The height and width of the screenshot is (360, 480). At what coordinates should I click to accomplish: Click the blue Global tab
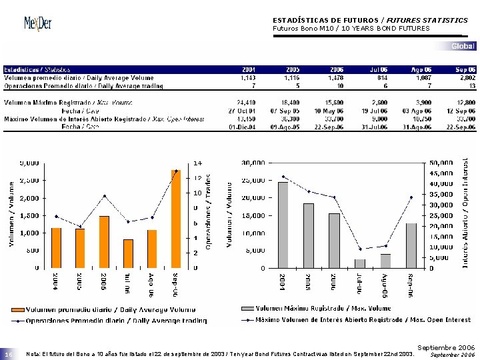463,46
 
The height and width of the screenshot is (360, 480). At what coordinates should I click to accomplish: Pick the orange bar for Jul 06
128,253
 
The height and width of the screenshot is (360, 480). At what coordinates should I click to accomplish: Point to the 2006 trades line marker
104,196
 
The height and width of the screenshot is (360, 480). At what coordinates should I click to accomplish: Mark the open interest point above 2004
283,177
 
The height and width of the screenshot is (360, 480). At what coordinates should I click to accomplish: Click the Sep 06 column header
465,69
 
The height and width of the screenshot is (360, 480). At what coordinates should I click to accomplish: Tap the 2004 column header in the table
248,69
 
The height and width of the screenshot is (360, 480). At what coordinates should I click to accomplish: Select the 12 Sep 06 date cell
461,111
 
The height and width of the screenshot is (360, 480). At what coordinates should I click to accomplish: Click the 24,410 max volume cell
246,102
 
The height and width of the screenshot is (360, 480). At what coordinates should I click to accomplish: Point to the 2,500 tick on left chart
28,180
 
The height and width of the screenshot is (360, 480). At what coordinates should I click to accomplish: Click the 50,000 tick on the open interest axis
441,162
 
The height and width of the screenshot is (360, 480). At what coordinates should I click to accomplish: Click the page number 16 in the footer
9,355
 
